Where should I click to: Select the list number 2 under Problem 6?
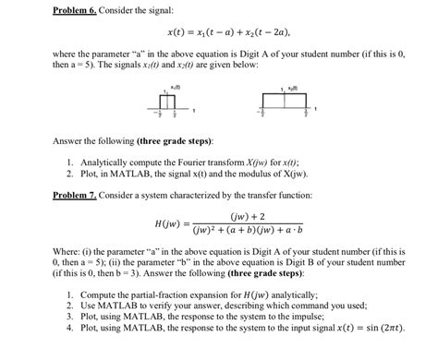(x=70, y=173)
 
